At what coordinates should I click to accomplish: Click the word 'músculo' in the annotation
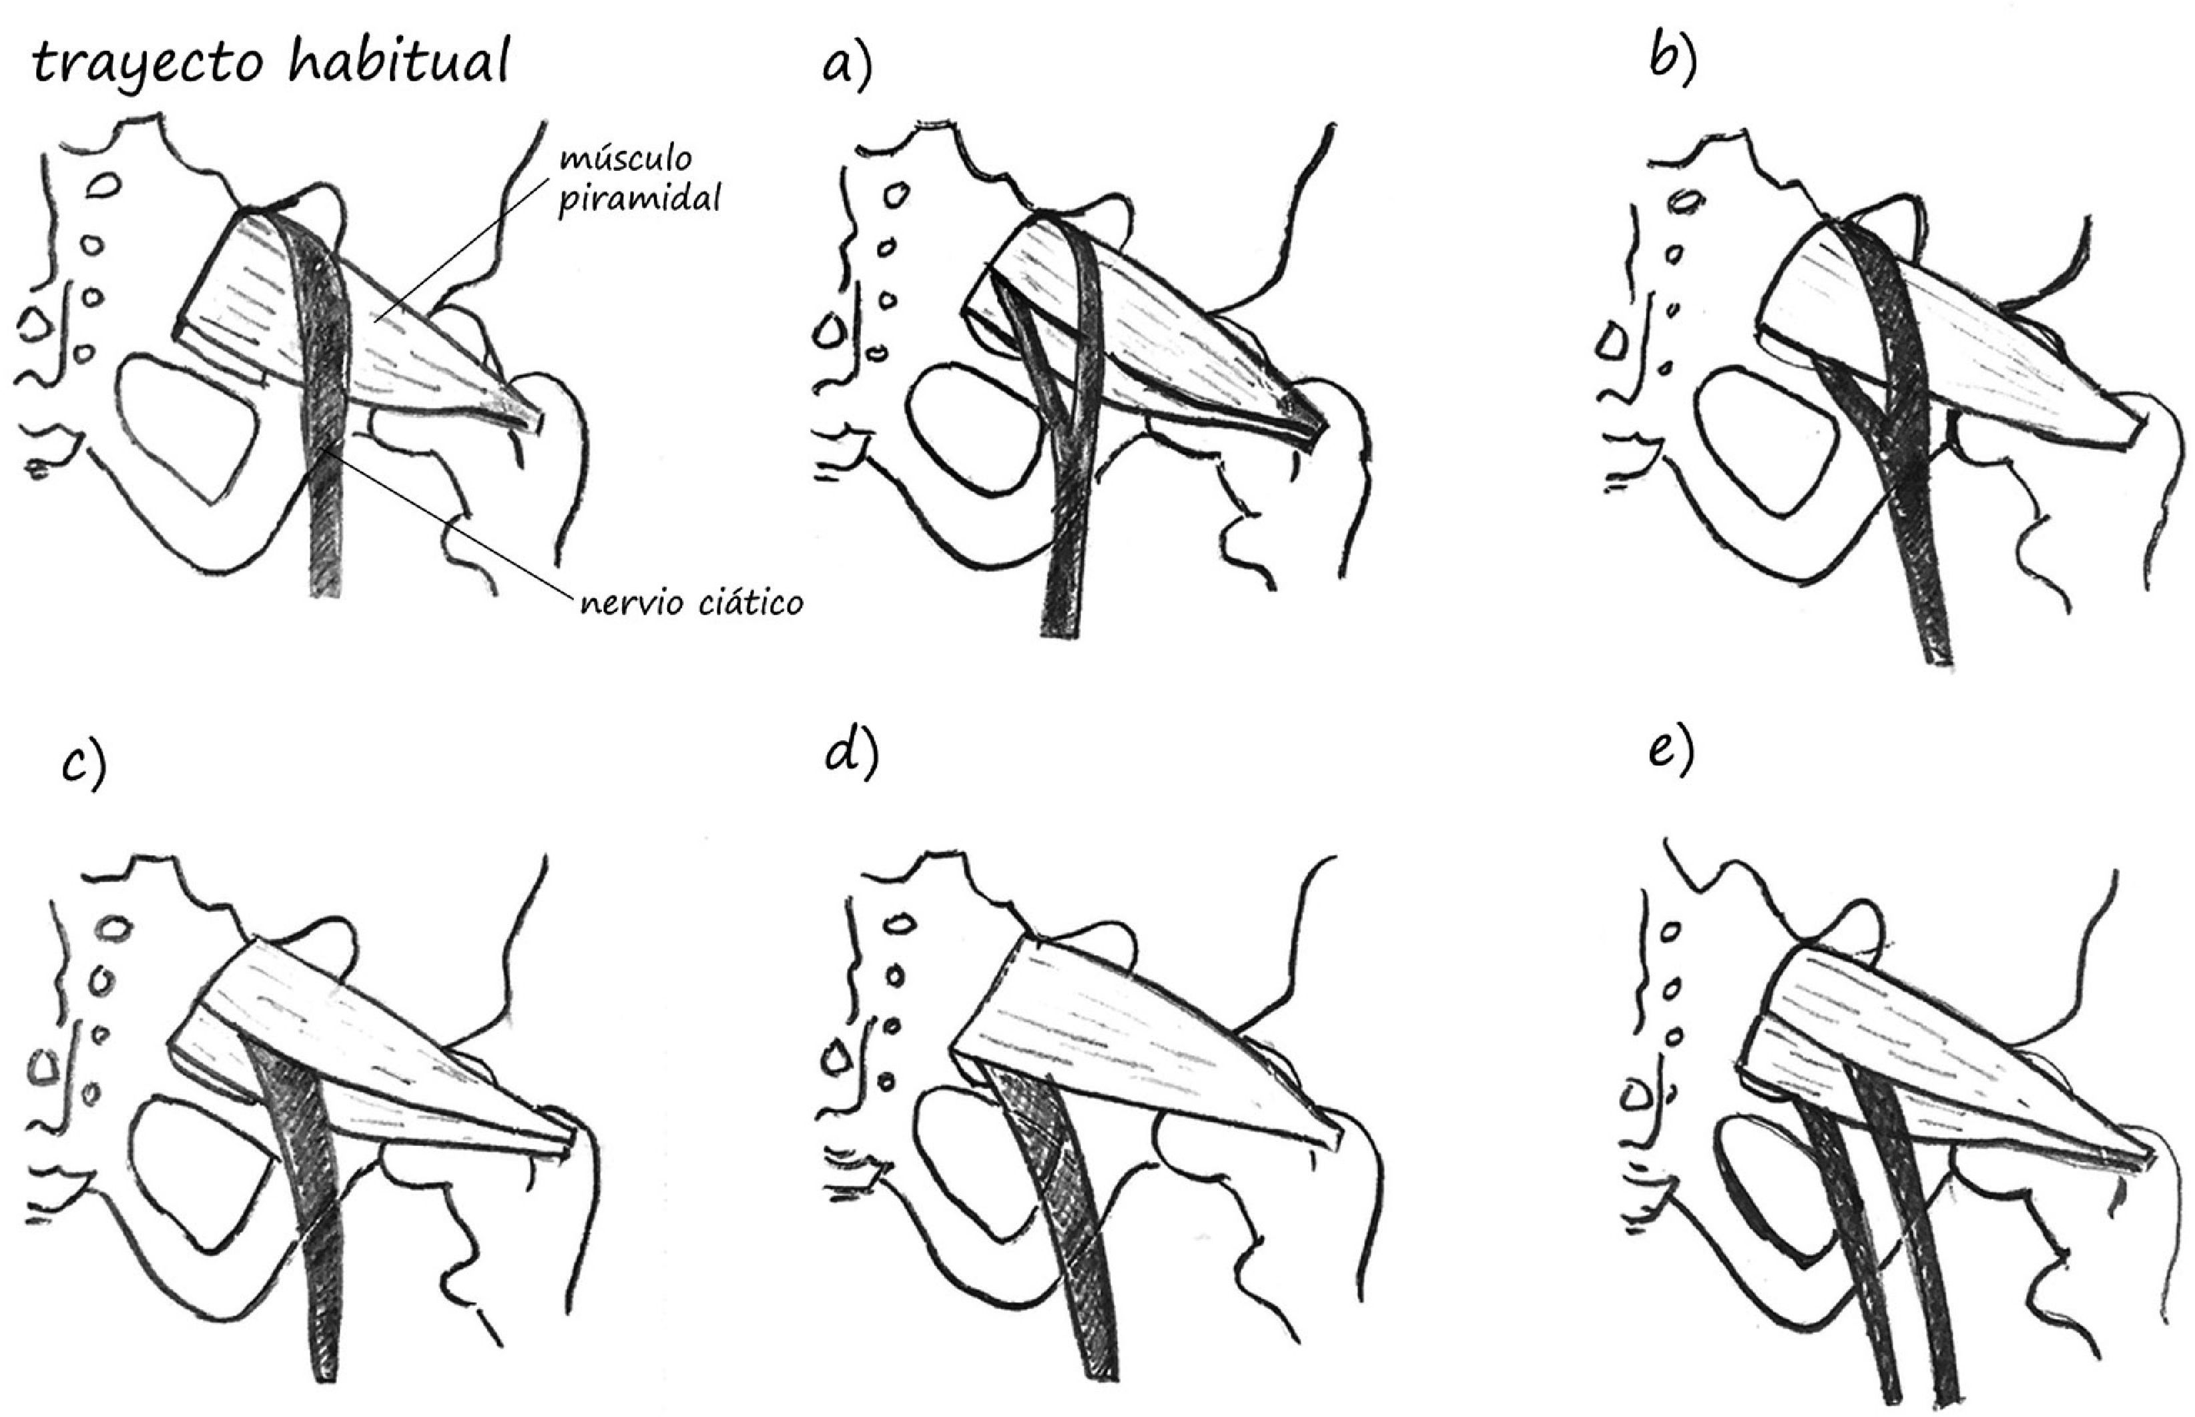[627, 159]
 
